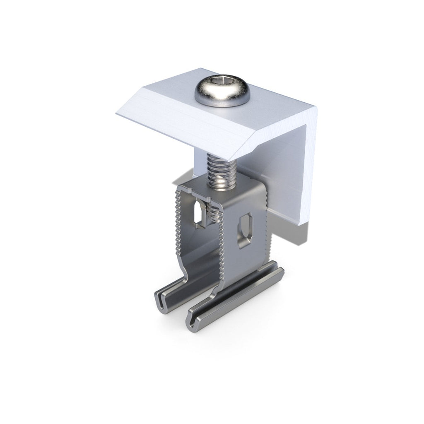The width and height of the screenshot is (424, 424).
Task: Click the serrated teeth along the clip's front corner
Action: (x=221, y=244)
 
